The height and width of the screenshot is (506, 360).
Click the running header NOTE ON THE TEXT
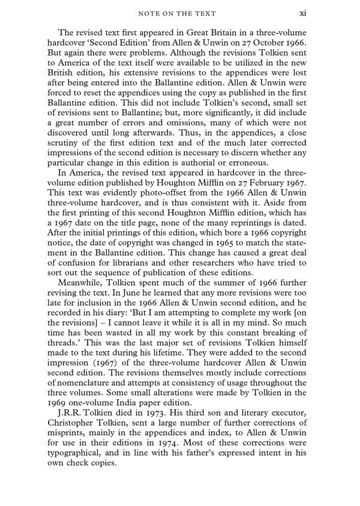click(179, 13)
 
